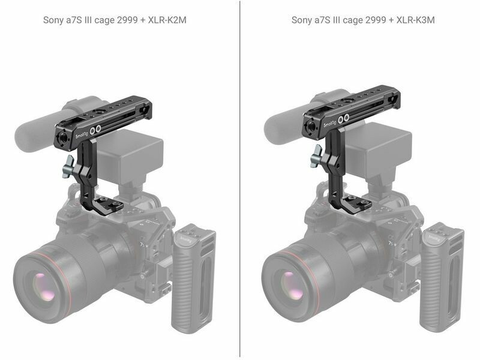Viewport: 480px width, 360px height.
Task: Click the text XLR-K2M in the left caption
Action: click(167, 20)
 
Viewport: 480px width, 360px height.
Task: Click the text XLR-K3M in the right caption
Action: click(415, 20)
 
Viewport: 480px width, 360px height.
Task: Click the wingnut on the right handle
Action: click(316, 156)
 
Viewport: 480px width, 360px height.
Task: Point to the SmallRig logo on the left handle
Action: click(82, 134)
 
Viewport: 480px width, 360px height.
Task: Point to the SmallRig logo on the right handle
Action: click(330, 123)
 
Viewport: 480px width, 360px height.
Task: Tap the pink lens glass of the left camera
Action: click(44, 287)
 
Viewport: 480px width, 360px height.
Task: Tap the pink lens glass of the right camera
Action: click(292, 286)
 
